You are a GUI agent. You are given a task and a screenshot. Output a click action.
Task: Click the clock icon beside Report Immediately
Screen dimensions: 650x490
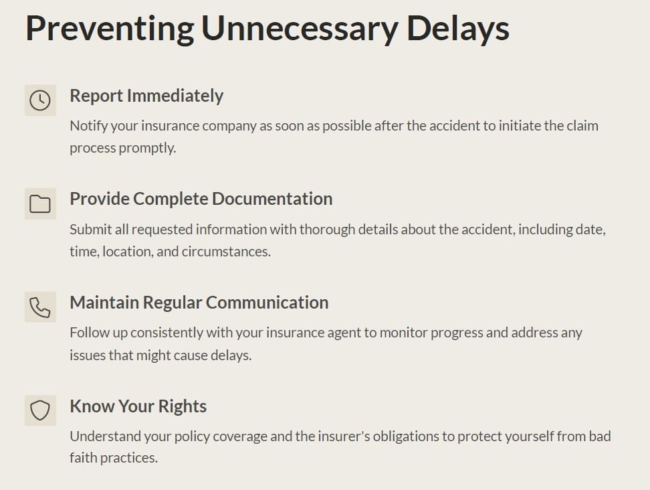[40, 100]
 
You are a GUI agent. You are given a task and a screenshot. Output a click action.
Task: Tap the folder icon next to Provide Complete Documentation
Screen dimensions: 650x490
[40, 203]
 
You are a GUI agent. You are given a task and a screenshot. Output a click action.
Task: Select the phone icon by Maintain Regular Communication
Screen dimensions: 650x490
[40, 307]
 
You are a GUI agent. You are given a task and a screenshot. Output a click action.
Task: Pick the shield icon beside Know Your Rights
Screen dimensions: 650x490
[40, 410]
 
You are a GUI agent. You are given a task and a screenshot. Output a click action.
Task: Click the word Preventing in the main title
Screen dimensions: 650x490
[110, 29]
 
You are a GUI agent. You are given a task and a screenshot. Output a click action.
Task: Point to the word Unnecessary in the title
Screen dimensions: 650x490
[300, 29]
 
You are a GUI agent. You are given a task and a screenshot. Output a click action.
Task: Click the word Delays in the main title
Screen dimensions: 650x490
[457, 28]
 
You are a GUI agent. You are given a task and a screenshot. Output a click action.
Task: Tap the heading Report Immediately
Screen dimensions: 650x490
[146, 96]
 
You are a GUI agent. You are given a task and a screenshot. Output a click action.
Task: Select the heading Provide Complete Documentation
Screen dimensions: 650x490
[201, 199]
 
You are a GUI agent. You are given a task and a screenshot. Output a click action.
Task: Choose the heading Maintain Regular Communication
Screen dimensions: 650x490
[199, 303]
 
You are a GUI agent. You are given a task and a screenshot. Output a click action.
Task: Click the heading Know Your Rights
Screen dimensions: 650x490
[138, 406]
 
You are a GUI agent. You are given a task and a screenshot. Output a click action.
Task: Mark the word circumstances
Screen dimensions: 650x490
[226, 252]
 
